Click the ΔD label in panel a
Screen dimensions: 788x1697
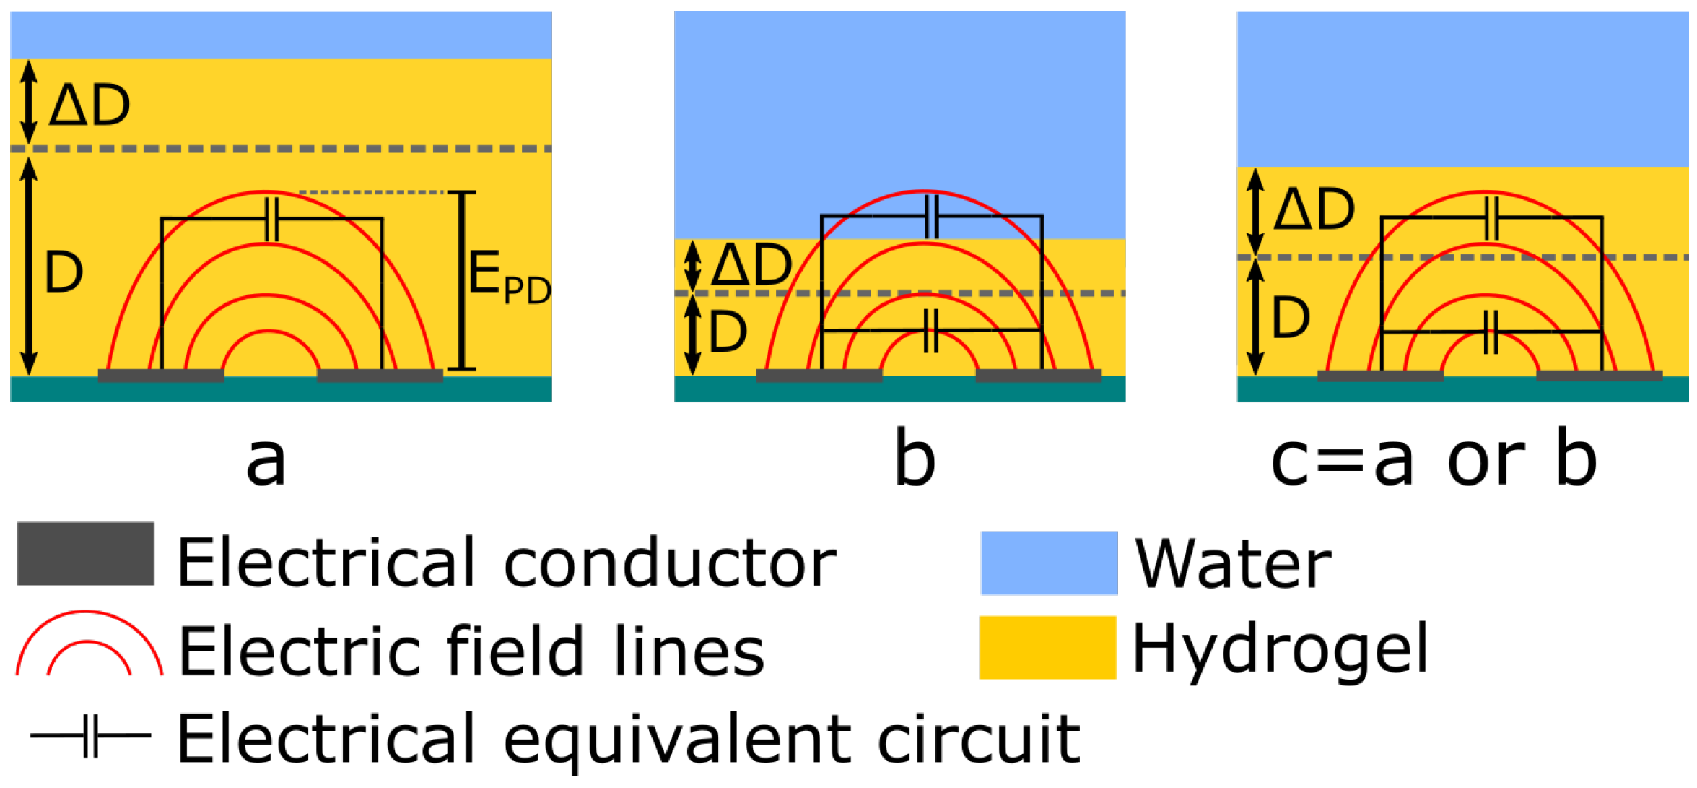click(90, 105)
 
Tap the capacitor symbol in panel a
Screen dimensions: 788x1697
click(271, 218)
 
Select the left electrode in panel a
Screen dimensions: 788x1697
click(161, 376)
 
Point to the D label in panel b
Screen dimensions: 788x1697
click(728, 332)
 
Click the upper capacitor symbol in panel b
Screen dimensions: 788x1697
click(932, 217)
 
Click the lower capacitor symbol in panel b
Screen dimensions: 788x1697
click(932, 331)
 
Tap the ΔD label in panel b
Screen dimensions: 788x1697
click(751, 265)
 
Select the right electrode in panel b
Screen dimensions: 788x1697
click(1039, 376)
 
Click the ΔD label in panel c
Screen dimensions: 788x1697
click(1314, 209)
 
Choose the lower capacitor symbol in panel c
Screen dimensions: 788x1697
click(1491, 332)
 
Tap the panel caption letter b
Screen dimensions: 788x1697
click(914, 459)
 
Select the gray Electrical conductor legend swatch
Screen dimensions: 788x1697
click(85, 554)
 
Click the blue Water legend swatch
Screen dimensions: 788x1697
click(1049, 563)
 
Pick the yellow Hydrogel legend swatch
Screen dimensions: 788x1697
click(1047, 648)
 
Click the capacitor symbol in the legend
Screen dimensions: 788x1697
click(91, 736)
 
